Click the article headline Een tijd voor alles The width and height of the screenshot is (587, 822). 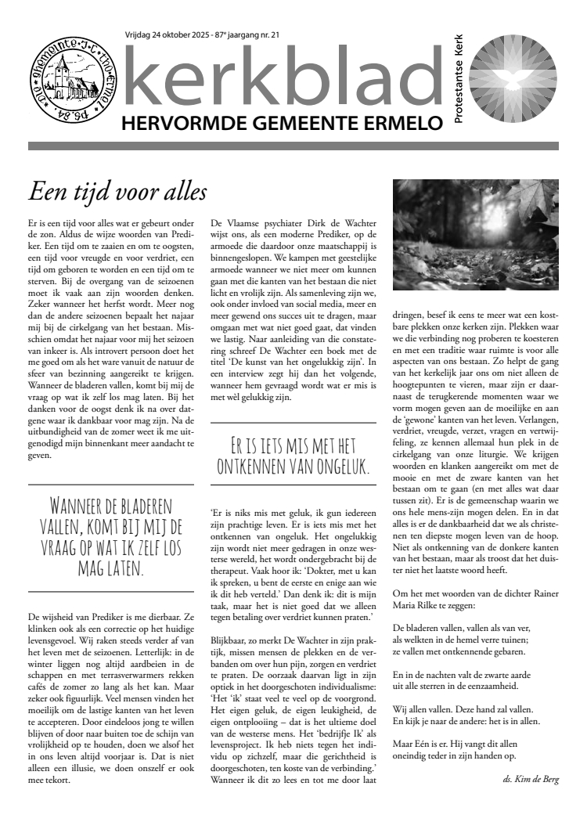(117, 191)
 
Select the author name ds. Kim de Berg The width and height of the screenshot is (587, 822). (531, 779)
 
